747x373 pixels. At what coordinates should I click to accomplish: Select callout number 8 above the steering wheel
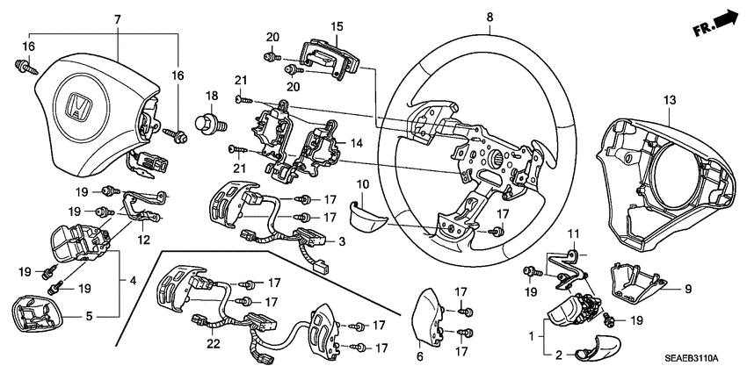click(x=490, y=16)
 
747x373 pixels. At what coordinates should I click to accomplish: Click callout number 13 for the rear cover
click(x=671, y=102)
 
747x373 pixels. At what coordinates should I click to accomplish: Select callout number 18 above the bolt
click(x=211, y=95)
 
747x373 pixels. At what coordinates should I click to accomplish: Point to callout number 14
click(x=356, y=142)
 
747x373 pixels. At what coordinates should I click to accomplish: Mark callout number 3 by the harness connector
click(x=342, y=240)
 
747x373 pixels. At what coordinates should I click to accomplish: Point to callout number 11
click(x=573, y=233)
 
